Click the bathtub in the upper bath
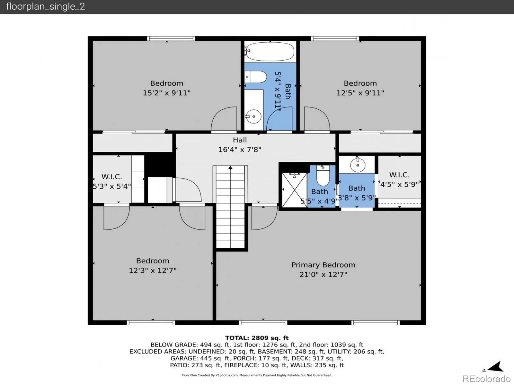[270, 51]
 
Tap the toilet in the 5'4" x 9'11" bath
[256, 77]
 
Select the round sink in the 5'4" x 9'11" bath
[253, 116]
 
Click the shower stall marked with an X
[294, 190]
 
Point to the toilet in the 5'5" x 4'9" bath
[323, 175]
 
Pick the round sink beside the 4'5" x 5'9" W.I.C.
[358, 165]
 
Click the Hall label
[240, 140]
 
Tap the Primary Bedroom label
[323, 265]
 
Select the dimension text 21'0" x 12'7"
[323, 274]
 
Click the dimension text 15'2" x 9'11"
[167, 93]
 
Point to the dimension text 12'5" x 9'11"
[360, 93]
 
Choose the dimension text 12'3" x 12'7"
[153, 270]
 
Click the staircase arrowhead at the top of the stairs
[230, 167]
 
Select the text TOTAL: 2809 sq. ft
[257, 338]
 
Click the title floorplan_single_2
[45, 6]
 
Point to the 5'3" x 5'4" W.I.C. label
[111, 181]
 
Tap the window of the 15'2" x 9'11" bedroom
[171, 38]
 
